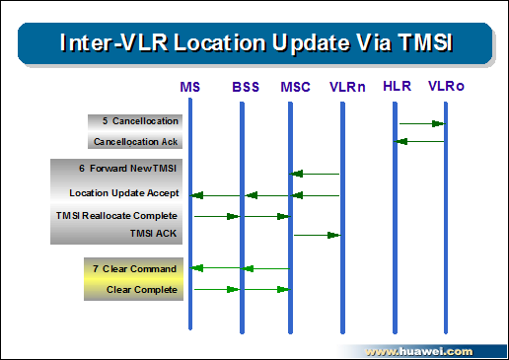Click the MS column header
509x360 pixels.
189,87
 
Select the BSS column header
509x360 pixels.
246,87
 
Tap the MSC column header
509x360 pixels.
295,87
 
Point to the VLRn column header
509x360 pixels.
347,87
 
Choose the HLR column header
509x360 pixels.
397,86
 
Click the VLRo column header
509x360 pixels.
446,86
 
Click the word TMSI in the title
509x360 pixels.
425,42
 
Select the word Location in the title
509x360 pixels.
220,42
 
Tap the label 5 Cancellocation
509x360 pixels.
140,121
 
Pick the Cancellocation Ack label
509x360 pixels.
135,142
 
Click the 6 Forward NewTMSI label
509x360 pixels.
127,169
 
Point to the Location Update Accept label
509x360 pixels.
124,193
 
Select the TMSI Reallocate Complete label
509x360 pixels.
116,216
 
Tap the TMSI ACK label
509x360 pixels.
153,234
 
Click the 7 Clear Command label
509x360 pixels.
134,269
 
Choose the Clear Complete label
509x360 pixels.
142,290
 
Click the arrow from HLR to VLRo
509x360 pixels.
422,124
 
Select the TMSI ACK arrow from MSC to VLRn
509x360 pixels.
317,235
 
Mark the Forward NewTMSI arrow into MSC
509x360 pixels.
315,174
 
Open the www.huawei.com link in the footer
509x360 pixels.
419,352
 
